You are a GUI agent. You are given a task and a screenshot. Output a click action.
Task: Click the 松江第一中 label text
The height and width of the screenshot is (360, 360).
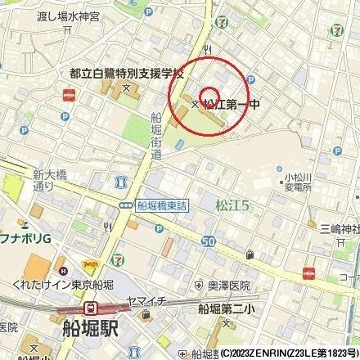(x=232, y=105)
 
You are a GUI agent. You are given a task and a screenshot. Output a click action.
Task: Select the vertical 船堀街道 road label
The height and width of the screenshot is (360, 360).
(x=156, y=136)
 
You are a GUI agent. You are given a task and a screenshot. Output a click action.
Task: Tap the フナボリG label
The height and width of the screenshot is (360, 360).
(x=25, y=237)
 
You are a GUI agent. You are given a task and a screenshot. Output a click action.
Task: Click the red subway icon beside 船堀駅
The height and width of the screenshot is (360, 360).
(x=92, y=309)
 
